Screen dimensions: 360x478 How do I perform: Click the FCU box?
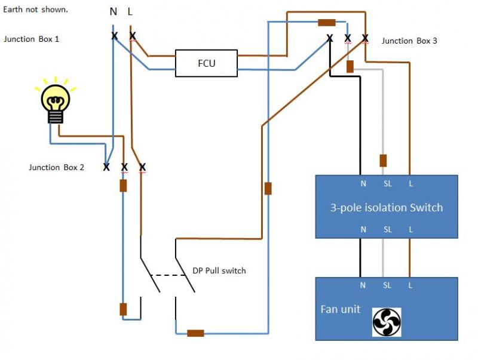tap(206, 63)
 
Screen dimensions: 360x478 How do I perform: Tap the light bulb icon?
tap(55, 101)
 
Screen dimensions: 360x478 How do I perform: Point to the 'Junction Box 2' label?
tap(56, 167)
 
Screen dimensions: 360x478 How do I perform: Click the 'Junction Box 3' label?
tap(409, 41)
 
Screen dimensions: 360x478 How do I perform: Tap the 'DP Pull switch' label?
tap(219, 270)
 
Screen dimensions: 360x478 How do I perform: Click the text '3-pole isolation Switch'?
tap(387, 208)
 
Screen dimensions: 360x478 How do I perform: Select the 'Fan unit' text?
tap(340, 309)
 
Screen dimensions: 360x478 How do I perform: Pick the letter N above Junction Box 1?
tap(114, 11)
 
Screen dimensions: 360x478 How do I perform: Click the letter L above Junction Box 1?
tap(131, 11)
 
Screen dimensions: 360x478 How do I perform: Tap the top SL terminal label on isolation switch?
tap(387, 184)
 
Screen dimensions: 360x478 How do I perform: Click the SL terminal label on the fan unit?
tap(387, 285)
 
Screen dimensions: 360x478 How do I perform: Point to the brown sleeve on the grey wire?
tap(383, 161)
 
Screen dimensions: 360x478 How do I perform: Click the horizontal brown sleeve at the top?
tap(326, 23)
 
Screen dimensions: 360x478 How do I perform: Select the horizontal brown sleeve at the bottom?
tap(195, 333)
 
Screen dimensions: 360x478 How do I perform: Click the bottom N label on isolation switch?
tap(363, 229)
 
